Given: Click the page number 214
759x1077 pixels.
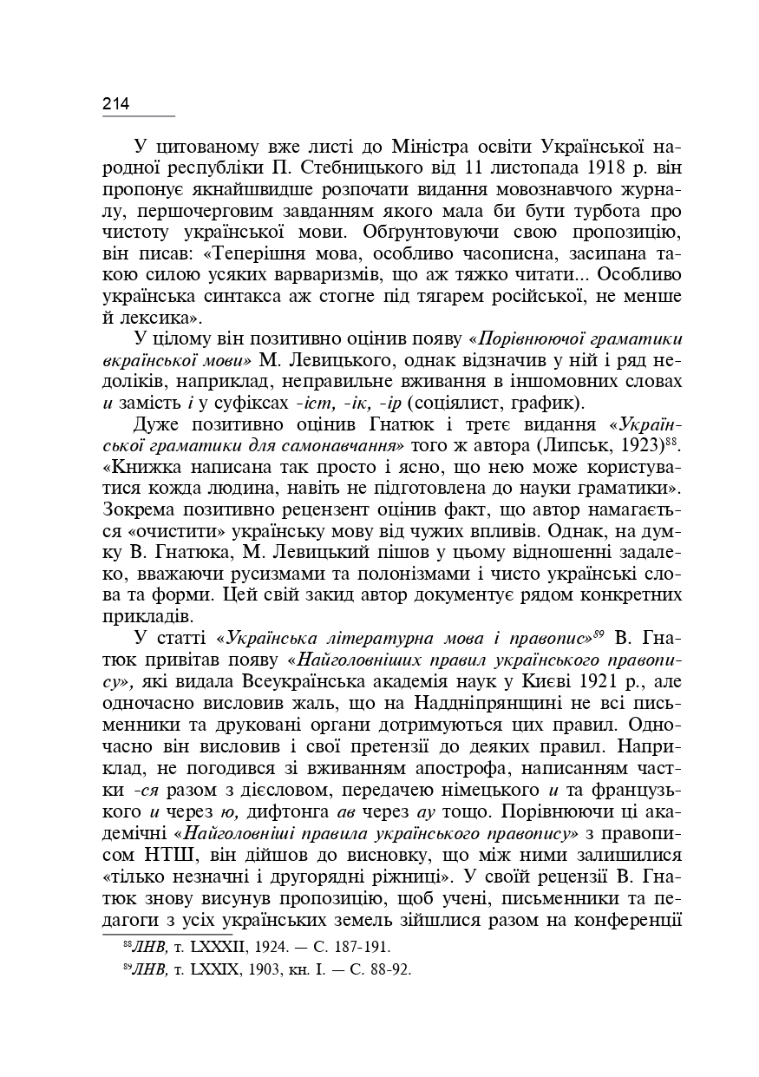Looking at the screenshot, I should point(116,104).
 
